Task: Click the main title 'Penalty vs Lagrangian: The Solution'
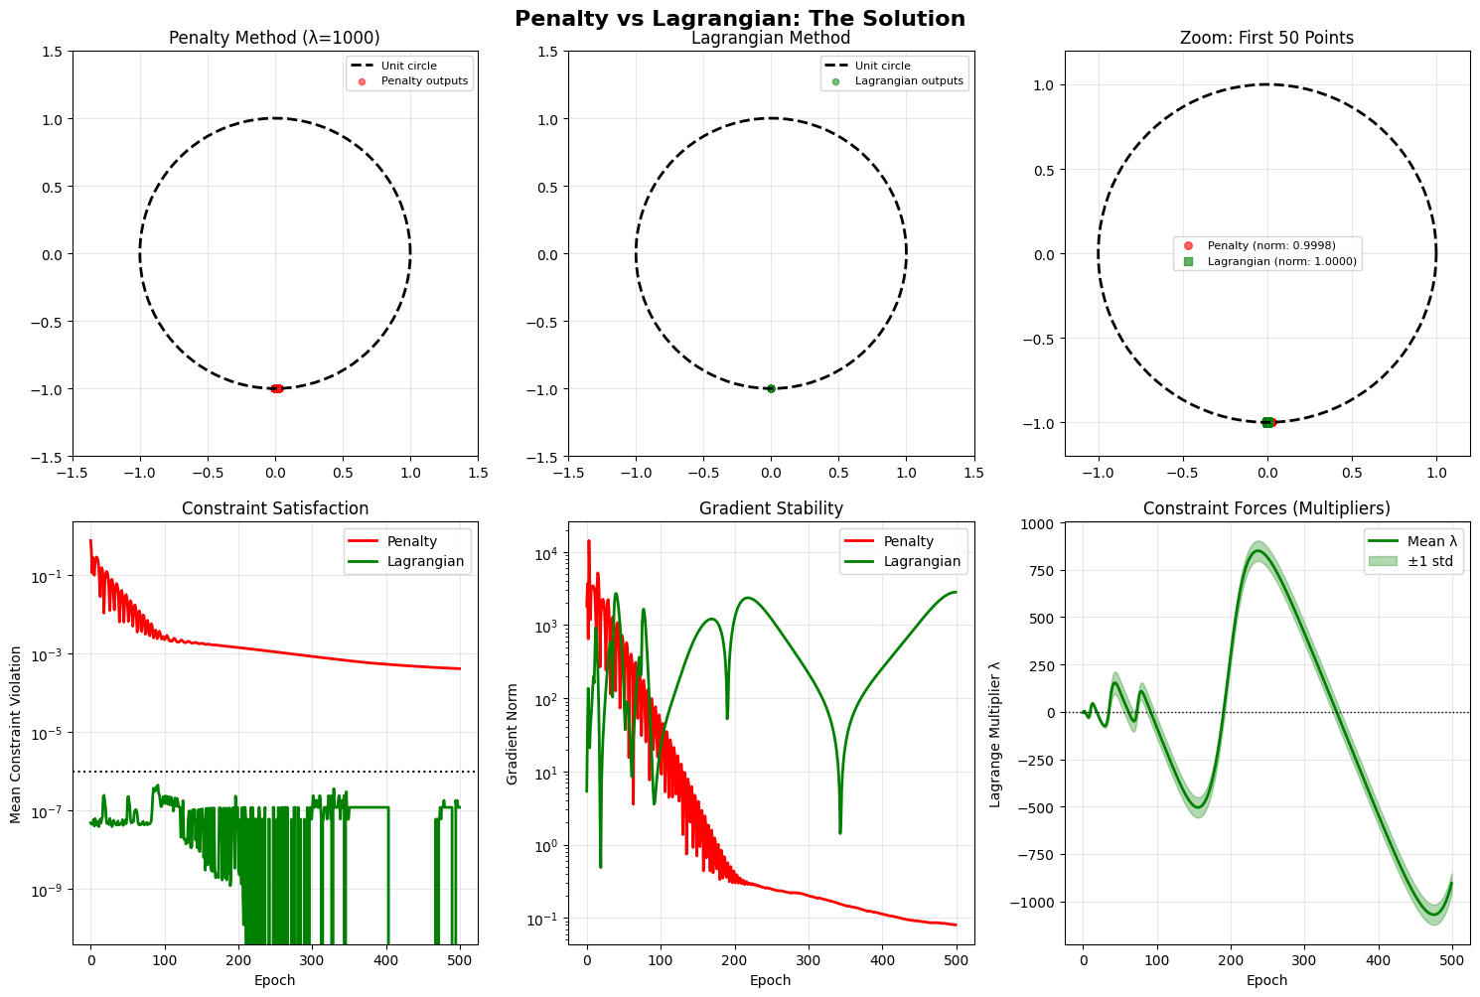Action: (739, 18)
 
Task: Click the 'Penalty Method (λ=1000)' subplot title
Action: (274, 39)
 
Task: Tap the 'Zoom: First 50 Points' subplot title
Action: (1266, 39)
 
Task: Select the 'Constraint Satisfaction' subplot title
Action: (274, 508)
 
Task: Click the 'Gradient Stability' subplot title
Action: (771, 508)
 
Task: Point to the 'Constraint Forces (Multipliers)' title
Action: (1266, 508)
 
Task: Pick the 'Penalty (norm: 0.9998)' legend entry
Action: (1270, 245)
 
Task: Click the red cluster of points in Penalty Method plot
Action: (276, 388)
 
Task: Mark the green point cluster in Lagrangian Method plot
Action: (771, 388)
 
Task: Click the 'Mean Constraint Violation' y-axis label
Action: (16, 734)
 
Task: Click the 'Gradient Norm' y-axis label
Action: (513, 734)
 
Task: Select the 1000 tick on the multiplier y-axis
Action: (1039, 523)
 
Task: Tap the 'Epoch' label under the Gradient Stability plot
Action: (771, 980)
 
